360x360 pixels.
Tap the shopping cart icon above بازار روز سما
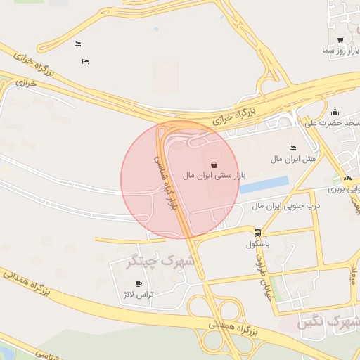[x=340, y=40]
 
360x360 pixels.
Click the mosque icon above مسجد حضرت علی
[x=335, y=112]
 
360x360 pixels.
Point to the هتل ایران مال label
[x=293, y=160]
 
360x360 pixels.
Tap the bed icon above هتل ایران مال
[x=292, y=148]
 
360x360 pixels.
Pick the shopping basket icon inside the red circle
[x=214, y=164]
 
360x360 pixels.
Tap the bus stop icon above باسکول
[x=258, y=233]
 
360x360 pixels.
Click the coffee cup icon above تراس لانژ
[x=139, y=283]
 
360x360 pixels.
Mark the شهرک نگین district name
[x=328, y=323]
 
